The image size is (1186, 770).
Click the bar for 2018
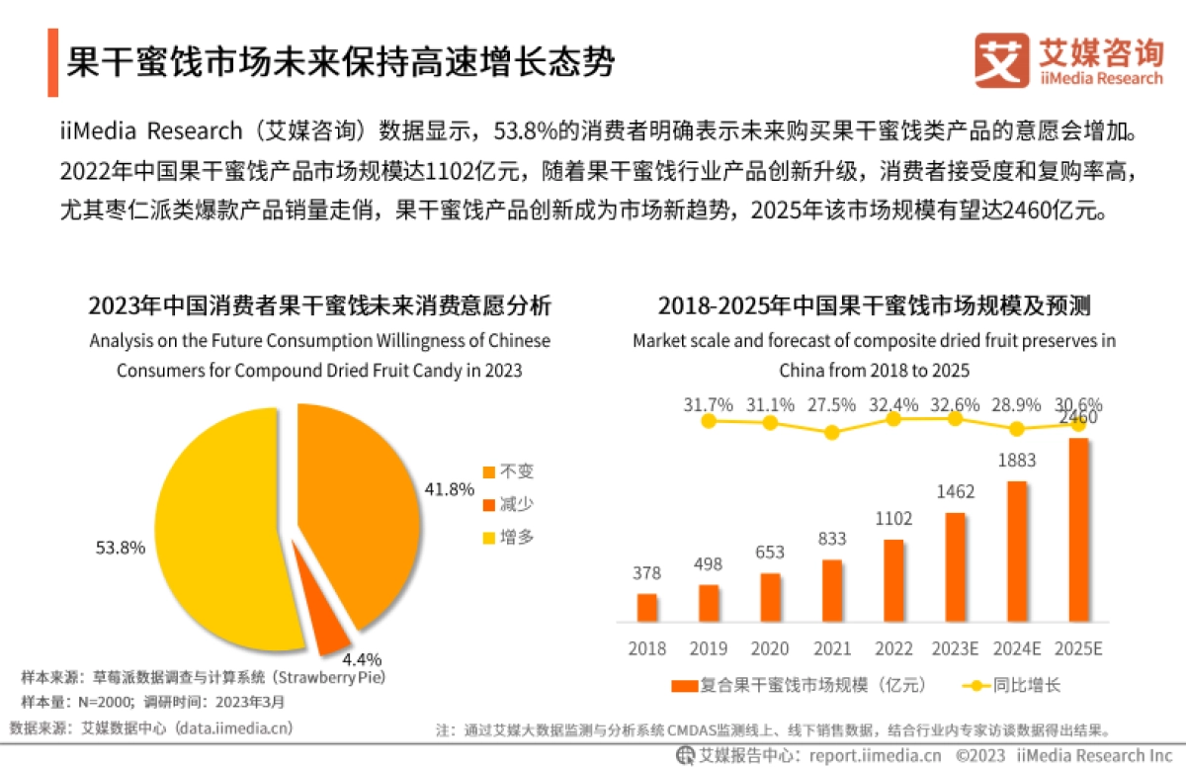pyautogui.click(x=647, y=608)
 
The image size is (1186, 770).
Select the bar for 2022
pyautogui.click(x=893, y=581)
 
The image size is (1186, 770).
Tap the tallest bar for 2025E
pyautogui.click(x=1078, y=530)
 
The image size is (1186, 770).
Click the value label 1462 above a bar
pyautogui.click(x=956, y=491)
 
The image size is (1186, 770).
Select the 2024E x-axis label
pyautogui.click(x=1017, y=648)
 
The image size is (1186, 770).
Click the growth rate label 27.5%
pyautogui.click(x=831, y=405)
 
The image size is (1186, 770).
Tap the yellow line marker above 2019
pyautogui.click(x=709, y=421)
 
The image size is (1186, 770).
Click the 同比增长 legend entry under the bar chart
pyautogui.click(x=1012, y=684)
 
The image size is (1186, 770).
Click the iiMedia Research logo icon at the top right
pyautogui.click(x=1001, y=60)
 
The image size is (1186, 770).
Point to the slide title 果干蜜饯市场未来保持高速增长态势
pyautogui.click(x=341, y=62)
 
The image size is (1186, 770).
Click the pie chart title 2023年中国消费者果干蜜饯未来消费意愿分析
pyautogui.click(x=319, y=305)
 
